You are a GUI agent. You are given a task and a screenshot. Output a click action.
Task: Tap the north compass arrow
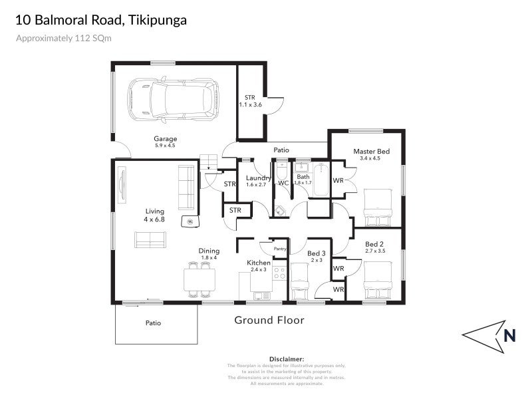coord(493,335)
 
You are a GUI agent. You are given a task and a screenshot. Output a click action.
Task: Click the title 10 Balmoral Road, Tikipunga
coord(101,20)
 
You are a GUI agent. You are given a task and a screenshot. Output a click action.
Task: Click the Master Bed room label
coord(371,152)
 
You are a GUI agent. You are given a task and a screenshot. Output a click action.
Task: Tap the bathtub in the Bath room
coord(321,180)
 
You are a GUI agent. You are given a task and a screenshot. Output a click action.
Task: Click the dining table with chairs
coord(199,279)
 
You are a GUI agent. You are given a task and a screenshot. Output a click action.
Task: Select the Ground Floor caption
coord(269,321)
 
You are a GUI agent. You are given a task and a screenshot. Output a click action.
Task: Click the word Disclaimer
coord(286,358)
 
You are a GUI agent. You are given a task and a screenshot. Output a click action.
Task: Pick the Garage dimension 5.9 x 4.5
coord(165,146)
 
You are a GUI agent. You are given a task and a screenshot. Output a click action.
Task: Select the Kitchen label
coord(259,263)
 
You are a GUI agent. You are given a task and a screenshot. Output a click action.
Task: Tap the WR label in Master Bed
coord(338,180)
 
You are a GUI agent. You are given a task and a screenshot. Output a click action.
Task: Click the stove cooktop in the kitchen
coord(280,273)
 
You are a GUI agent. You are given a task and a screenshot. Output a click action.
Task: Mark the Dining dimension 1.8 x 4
coord(209,257)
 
